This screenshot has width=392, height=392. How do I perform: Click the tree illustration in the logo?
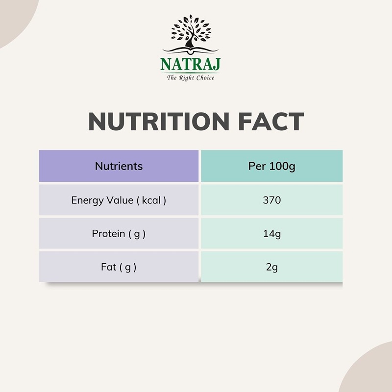coord(191,31)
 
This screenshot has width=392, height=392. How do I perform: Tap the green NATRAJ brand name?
coord(190,64)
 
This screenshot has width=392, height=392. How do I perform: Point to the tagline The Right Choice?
coord(191,78)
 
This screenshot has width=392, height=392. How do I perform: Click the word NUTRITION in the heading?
coord(159,122)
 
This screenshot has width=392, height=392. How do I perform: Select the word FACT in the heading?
coord(271,122)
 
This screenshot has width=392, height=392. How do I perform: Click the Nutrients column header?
coord(119,166)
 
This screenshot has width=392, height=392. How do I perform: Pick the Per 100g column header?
coord(272,166)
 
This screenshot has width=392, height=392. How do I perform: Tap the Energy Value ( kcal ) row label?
coord(119,200)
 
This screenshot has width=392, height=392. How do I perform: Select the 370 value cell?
coord(272,200)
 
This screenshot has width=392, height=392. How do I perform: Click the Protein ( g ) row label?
coord(119,234)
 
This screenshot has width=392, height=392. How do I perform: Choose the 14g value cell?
coord(272,234)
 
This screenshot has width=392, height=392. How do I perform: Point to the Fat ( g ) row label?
coord(119,267)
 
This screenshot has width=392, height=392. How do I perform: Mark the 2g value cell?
coord(272,267)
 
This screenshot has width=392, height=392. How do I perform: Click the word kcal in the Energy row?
coord(151,200)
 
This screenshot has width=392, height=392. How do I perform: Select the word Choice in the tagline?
coord(205,78)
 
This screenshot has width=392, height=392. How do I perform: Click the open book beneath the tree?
coord(191,50)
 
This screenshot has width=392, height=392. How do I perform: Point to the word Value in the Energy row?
coord(120,200)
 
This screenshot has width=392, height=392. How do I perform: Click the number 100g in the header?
coord(282,166)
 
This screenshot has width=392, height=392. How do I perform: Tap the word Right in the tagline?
coord(186,78)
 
